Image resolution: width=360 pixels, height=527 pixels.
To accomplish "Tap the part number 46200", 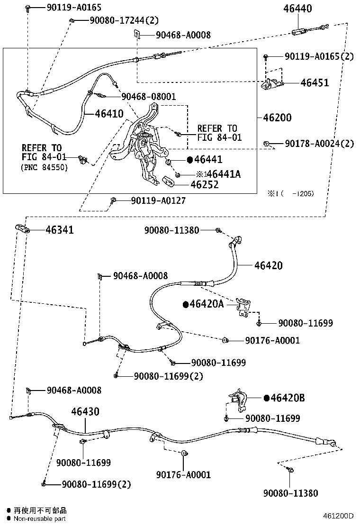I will click(275, 118).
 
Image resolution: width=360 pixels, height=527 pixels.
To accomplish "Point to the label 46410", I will click(109, 114).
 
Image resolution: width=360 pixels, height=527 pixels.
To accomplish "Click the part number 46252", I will click(204, 185).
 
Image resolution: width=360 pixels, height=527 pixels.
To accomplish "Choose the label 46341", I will click(60, 230).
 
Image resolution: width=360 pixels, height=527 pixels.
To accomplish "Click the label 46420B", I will click(288, 398).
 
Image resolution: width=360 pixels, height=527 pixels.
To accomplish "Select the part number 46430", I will click(85, 411).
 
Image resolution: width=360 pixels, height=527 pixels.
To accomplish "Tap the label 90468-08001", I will click(148, 97).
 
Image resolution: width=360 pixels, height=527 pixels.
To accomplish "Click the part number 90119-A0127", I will click(158, 200).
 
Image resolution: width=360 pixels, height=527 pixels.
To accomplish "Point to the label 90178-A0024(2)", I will click(319, 144).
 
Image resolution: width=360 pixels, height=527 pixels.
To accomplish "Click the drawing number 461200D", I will click(339, 516).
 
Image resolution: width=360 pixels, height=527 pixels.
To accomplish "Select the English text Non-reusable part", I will click(39, 518).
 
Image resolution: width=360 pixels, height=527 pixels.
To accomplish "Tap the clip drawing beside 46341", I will click(23, 229).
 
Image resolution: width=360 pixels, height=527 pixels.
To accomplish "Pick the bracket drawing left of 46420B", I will click(237, 399).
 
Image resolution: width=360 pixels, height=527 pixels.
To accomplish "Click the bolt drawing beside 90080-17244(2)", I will click(72, 20).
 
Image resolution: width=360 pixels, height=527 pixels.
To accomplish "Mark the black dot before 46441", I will click(190, 160).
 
